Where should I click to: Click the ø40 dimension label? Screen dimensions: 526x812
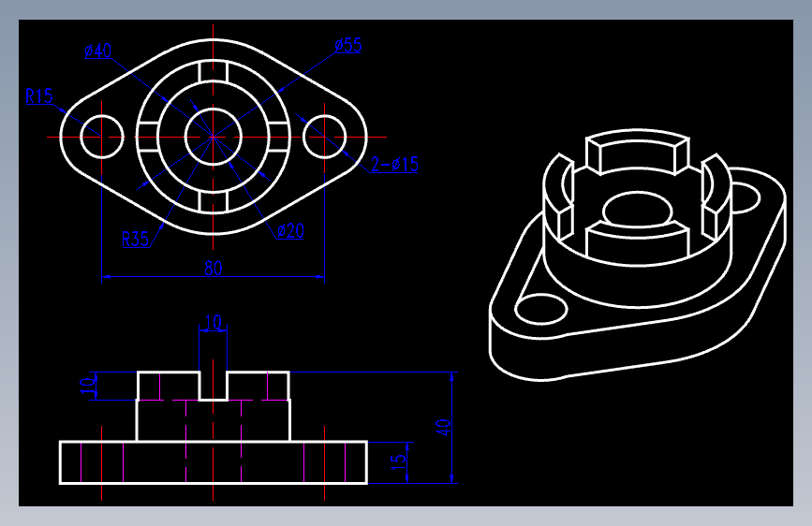pos(97,51)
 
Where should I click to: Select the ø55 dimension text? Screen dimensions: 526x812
pos(347,46)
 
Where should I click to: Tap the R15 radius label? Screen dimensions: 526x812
pos(39,95)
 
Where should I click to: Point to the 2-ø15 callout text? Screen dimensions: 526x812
pos(394,166)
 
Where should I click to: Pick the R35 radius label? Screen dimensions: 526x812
pos(136,239)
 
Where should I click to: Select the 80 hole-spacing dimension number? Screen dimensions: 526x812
pos(214,268)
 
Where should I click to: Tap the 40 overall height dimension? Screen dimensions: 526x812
pos(445,427)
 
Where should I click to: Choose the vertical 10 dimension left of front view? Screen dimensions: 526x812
pos(88,386)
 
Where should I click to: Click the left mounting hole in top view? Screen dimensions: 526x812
pos(101,137)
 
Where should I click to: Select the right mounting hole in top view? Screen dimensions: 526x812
pos(325,137)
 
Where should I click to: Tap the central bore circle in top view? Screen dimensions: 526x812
pos(213,137)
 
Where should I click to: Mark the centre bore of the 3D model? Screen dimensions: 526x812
pos(635,209)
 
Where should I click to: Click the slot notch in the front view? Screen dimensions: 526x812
pos(213,385)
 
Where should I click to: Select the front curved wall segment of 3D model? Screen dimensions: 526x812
pos(632,241)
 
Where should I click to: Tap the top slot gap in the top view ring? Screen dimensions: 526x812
pos(213,72)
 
